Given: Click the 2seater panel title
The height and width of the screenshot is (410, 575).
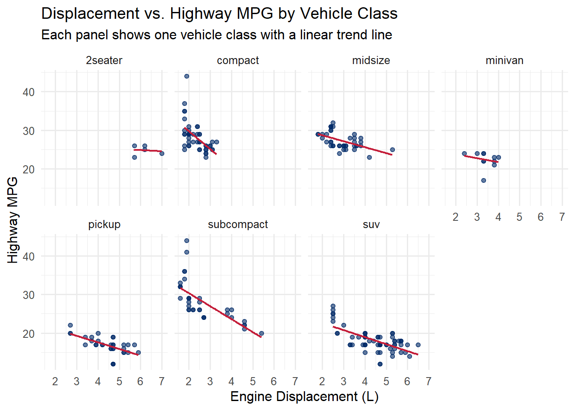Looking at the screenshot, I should coord(104,61).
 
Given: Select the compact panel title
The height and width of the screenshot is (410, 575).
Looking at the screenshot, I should coord(237,61).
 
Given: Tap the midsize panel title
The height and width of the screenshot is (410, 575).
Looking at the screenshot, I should coord(371,61).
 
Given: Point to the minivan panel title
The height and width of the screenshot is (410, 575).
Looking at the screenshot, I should coord(504,61).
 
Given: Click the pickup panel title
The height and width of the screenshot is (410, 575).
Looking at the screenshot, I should coord(104,225).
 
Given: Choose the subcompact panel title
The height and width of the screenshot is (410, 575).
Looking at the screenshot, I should coord(237,225).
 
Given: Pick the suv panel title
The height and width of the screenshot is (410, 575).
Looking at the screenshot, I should coord(371,225).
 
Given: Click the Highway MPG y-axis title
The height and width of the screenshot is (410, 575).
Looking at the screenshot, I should coord(13,220).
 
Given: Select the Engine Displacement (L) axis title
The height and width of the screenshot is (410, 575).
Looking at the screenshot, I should coord(304,397).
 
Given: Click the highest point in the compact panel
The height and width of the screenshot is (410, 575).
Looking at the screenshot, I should coord(187,76).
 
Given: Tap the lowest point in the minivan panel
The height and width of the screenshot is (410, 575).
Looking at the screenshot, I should coord(483,180).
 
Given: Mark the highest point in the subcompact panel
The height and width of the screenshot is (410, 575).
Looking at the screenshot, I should coord(187,241).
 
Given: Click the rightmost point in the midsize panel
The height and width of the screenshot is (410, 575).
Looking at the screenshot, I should coord(392,150).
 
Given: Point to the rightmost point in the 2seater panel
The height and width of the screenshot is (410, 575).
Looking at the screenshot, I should coord(162,154).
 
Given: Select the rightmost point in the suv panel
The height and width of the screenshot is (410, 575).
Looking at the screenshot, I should coord(418,345).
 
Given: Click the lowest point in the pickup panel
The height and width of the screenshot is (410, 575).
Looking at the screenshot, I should coord(113,364).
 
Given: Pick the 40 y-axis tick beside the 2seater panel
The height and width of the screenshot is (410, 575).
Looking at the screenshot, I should coord(29,92).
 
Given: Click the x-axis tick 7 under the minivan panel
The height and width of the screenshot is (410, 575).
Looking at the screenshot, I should coord(562,217).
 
